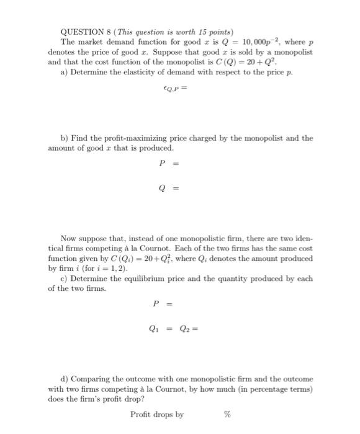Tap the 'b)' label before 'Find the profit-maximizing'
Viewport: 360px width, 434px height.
(x=65, y=138)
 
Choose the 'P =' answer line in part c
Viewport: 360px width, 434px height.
(x=162, y=304)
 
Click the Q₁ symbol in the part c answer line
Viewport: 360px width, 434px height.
(x=151, y=330)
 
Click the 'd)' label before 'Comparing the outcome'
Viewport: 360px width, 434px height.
(x=65, y=378)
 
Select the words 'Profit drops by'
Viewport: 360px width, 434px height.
(x=157, y=414)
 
